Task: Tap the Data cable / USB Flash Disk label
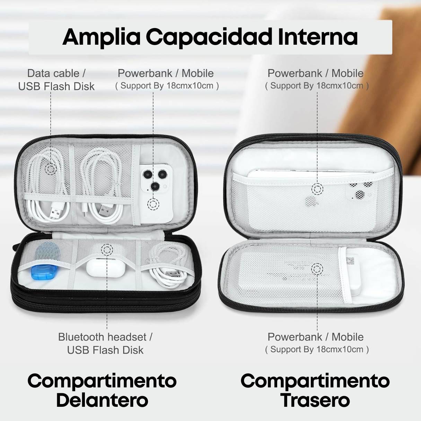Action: pyautogui.click(x=56, y=80)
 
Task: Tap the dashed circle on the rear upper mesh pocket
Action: pyautogui.click(x=317, y=189)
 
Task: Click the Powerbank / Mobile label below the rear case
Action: pyautogui.click(x=315, y=337)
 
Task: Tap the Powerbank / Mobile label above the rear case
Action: pyautogui.click(x=315, y=73)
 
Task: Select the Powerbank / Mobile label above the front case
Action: pyautogui.click(x=166, y=73)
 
